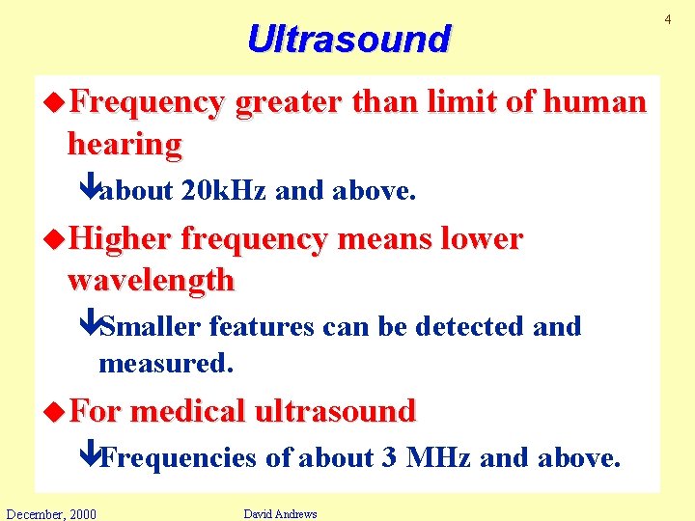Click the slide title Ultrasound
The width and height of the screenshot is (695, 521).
pos(347,39)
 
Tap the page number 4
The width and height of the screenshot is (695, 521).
pos(685,10)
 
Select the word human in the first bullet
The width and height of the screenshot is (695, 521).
pos(595,101)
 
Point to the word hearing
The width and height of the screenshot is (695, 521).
pos(124,144)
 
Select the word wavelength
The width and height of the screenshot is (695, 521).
pos(151,281)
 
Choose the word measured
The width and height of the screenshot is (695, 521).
pos(166,365)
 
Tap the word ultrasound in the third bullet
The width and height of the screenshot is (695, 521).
pos(334,411)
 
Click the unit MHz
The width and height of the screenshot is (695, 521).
pos(438,457)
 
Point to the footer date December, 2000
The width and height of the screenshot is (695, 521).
pos(50,513)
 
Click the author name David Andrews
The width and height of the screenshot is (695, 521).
pos(280,513)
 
